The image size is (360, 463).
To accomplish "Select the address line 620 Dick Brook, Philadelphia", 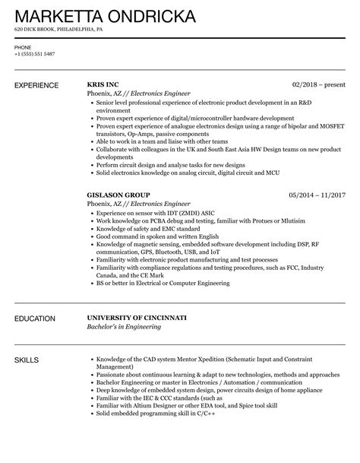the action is tap(58, 30).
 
